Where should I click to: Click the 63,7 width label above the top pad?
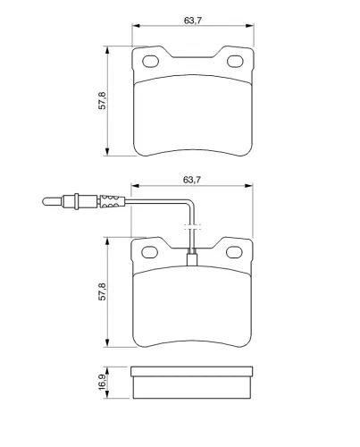tap(193, 21)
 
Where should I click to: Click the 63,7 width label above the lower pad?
tap(192, 180)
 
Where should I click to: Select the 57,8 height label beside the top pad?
tap(102, 101)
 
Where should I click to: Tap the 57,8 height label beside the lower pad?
tap(102, 291)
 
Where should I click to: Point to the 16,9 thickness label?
tap(102, 382)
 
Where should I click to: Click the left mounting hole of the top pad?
tap(150, 62)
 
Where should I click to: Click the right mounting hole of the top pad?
tap(235, 62)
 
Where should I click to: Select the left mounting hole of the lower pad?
tap(149, 252)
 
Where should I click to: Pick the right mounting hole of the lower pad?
tap(234, 252)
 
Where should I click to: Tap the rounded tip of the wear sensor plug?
tap(45, 201)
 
